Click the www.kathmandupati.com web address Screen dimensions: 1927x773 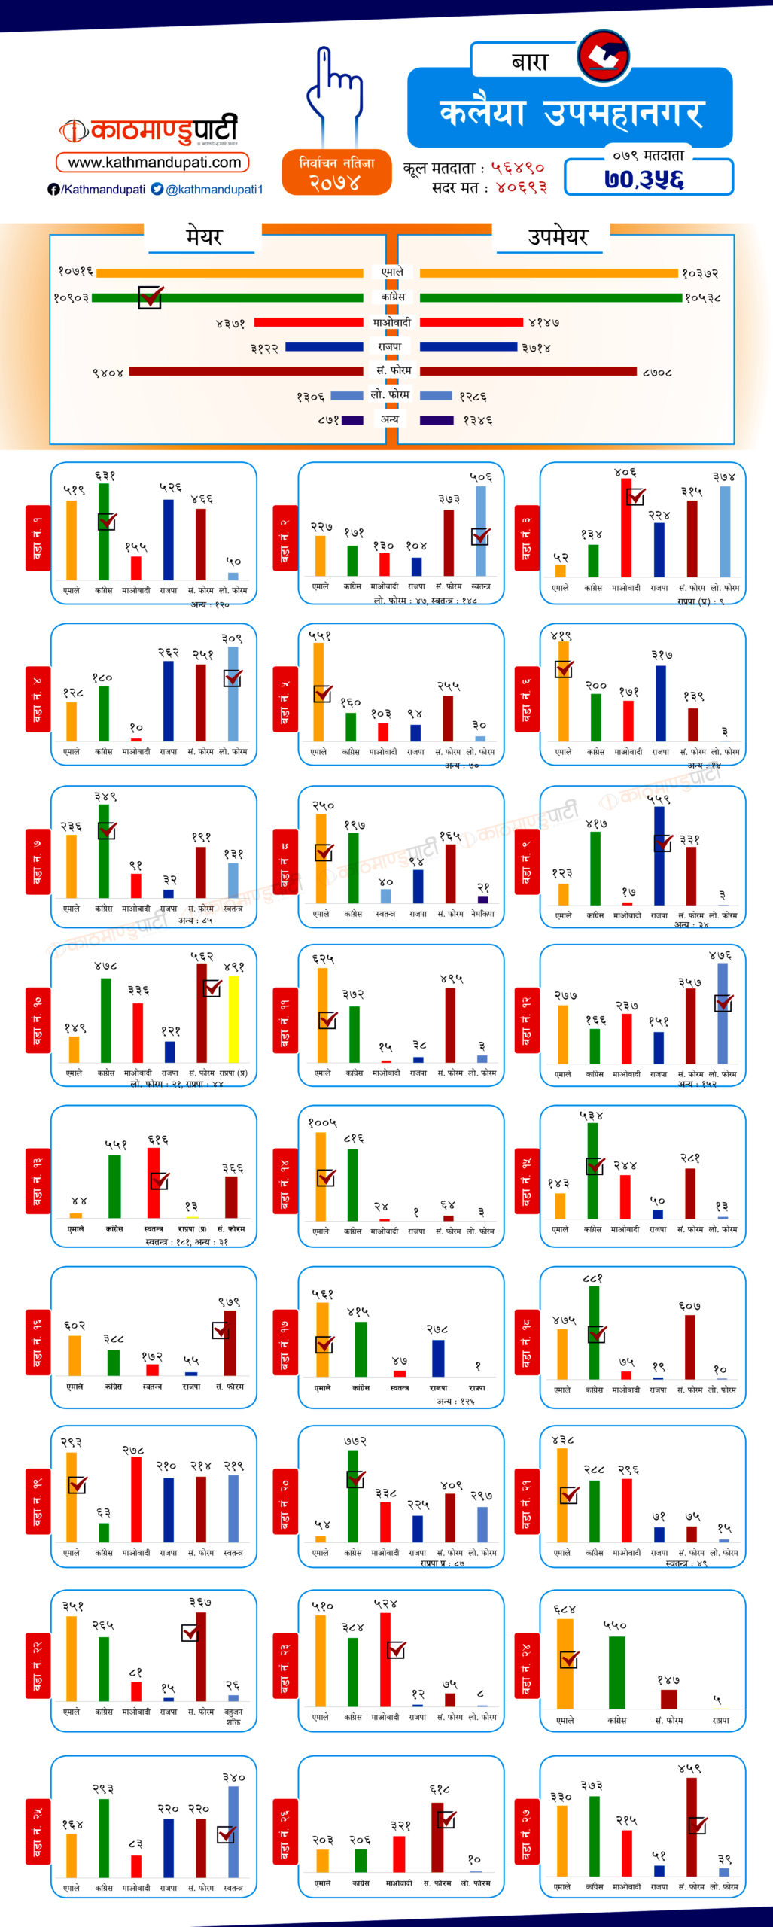(x=154, y=163)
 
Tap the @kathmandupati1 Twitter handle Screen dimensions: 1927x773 (x=215, y=190)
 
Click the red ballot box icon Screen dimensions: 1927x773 (x=604, y=56)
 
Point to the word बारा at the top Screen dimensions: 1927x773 (x=530, y=62)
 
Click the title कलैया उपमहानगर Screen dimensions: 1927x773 (x=571, y=113)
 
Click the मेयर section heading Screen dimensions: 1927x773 (x=204, y=238)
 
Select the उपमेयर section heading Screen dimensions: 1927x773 (x=558, y=238)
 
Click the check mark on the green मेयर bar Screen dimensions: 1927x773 (x=150, y=297)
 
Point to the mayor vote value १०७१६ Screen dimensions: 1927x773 (x=75, y=272)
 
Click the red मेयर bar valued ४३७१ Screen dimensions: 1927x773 (x=309, y=323)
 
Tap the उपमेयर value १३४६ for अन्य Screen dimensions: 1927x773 (x=478, y=421)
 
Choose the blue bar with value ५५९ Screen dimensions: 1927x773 (x=659, y=855)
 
